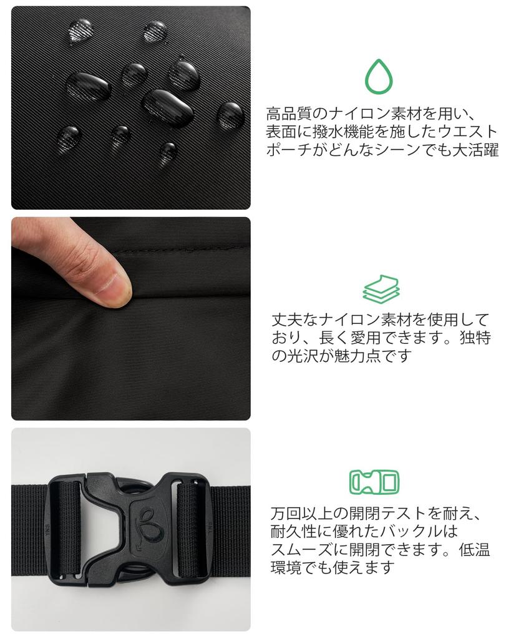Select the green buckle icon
tap(374, 482)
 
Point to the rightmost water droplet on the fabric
tap(230, 115)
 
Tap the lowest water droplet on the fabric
tap(167, 151)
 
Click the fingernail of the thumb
tap(116, 288)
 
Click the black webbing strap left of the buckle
tap(29, 530)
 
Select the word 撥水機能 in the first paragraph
tap(335, 132)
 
